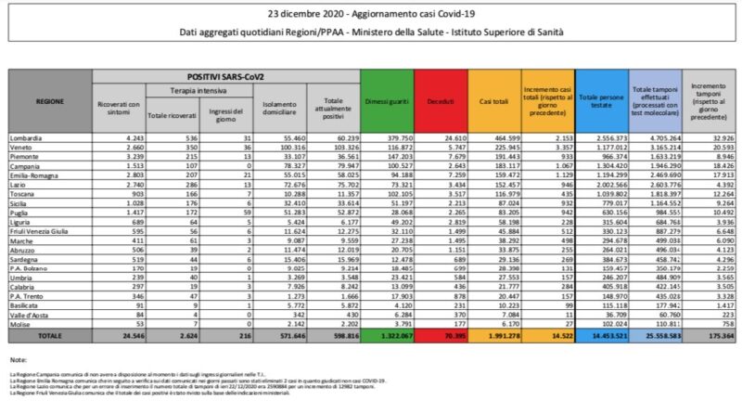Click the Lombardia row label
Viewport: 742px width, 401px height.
29,137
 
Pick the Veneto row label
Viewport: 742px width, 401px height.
25,147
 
